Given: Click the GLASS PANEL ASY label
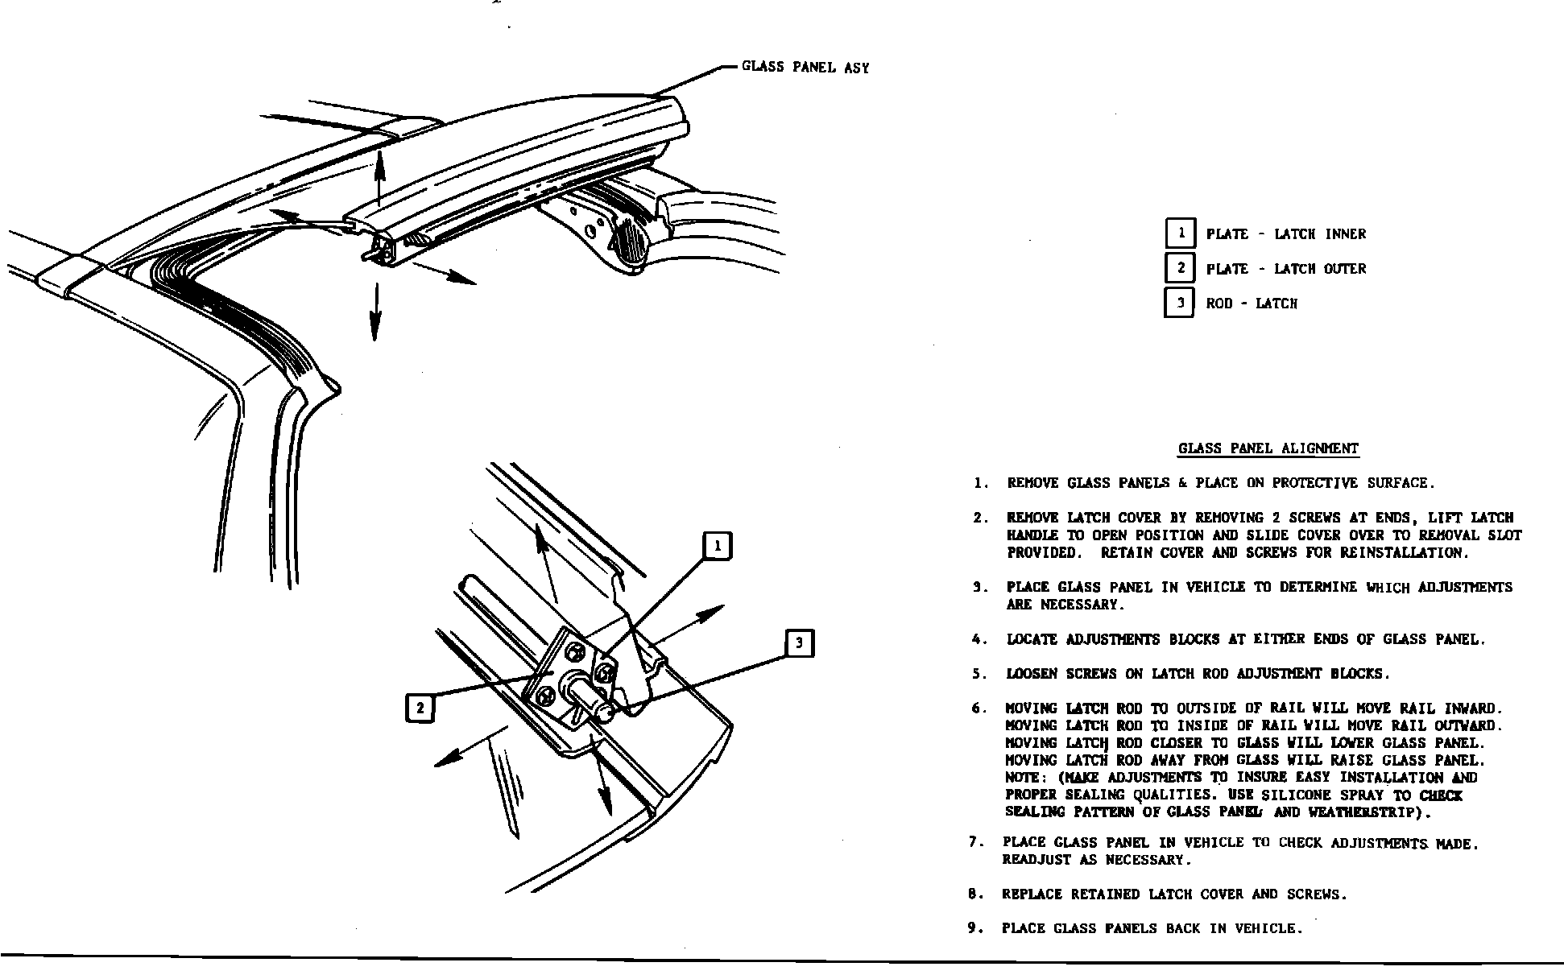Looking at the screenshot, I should (805, 68).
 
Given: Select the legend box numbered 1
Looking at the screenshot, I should (1181, 233).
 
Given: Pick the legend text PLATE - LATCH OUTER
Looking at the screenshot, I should (1286, 269).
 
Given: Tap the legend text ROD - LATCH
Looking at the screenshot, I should (1252, 304).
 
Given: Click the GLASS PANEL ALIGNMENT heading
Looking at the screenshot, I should (1268, 449).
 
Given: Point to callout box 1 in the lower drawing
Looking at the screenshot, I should (718, 547).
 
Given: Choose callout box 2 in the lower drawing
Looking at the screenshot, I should (420, 708).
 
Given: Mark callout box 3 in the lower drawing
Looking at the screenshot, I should (799, 642).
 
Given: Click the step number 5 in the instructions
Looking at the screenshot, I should (979, 674).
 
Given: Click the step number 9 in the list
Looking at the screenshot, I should (974, 928).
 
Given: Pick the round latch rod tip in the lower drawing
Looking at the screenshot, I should (605, 710).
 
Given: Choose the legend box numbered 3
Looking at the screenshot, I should (1181, 304).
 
